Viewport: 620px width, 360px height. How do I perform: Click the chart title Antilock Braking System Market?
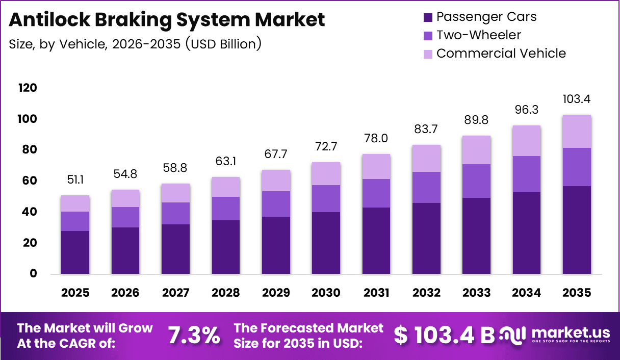(x=167, y=20)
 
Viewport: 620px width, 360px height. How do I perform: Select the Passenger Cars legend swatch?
(x=428, y=17)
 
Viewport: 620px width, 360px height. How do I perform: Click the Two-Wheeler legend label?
(x=479, y=35)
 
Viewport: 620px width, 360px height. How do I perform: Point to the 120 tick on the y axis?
(x=28, y=88)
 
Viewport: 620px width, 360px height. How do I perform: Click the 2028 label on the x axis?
(x=226, y=293)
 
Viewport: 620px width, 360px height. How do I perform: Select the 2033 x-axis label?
(x=477, y=293)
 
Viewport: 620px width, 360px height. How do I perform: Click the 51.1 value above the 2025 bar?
(x=75, y=179)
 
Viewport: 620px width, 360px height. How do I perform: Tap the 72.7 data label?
(x=326, y=146)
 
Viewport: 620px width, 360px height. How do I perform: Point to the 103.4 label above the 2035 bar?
(x=577, y=99)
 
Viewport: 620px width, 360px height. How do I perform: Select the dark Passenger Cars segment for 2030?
(x=326, y=243)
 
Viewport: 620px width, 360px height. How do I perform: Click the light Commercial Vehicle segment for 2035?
(x=577, y=131)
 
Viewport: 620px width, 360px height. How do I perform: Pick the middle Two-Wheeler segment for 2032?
(x=426, y=187)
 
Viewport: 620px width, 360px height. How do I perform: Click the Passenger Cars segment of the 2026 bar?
(x=125, y=250)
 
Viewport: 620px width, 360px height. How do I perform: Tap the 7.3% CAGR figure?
(x=194, y=336)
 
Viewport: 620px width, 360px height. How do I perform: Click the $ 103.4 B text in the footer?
(x=444, y=335)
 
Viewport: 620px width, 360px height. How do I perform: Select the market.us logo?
(x=555, y=335)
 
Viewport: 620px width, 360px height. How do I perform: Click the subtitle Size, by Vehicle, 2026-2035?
(x=135, y=44)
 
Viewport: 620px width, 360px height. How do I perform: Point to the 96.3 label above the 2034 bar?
(x=527, y=110)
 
